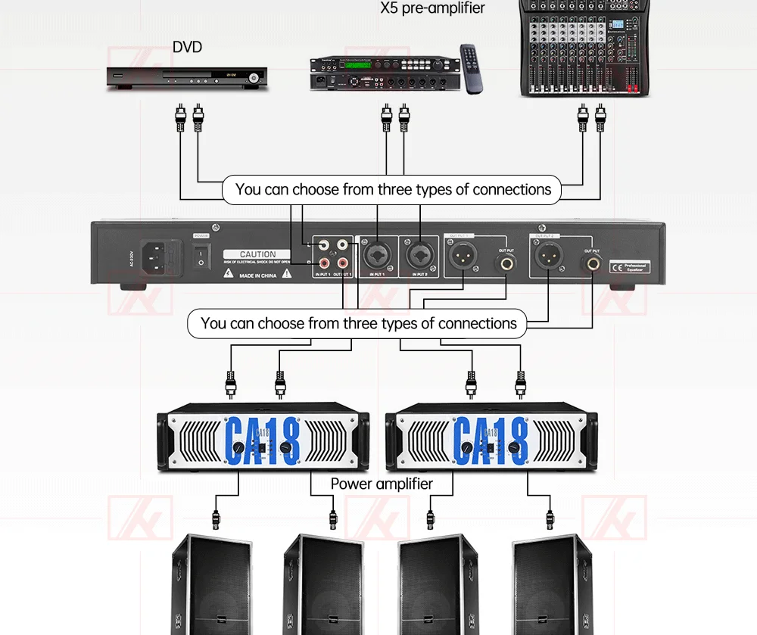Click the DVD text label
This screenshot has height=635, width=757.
(x=187, y=47)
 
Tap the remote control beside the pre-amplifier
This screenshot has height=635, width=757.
(x=472, y=68)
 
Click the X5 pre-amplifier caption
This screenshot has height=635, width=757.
(x=432, y=8)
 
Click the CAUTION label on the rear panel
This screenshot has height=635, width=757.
(x=257, y=254)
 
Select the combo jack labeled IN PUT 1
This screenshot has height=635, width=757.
(x=376, y=254)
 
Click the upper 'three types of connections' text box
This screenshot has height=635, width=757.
(x=392, y=189)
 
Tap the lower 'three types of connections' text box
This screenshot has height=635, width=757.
(x=358, y=323)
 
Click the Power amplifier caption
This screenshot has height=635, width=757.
(x=382, y=484)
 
